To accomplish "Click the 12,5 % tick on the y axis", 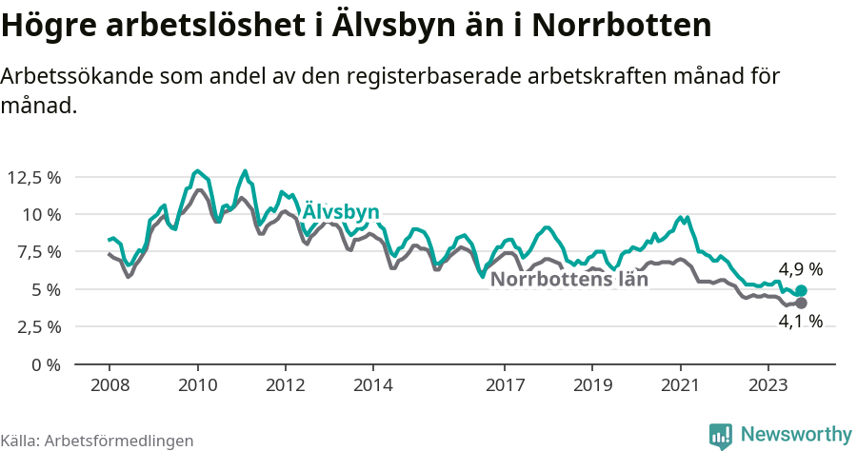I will coord(34,177).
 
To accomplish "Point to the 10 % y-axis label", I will coord(42,214).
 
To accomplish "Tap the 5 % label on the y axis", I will coord(46,289).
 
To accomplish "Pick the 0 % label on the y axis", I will coord(46,364).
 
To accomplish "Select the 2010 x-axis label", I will coord(197,385).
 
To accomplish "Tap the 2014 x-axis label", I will coord(372,385).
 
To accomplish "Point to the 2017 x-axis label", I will coord(505,385).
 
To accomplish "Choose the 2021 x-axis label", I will coord(681,385).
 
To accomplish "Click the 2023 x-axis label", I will coord(768,385).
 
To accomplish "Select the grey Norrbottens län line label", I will coord(568,280).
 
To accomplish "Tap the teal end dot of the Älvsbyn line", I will coord(801,290).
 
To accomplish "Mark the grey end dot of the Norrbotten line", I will coord(801,303).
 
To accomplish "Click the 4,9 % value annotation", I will coord(800,269).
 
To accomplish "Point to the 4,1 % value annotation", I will coord(800,322).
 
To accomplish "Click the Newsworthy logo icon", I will coord(721,435).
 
